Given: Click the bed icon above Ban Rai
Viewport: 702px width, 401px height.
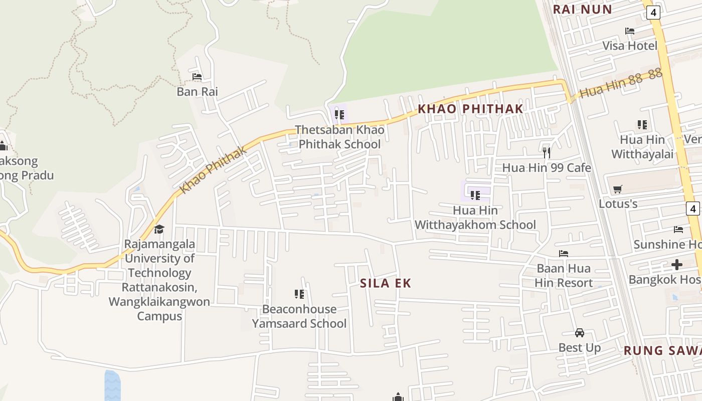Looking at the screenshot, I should (x=197, y=77).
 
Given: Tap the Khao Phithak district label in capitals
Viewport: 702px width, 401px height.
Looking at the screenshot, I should (x=470, y=109).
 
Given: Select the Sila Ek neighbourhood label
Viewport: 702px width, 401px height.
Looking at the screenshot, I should (x=386, y=283).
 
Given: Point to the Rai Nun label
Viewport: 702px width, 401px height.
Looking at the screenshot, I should (x=582, y=9).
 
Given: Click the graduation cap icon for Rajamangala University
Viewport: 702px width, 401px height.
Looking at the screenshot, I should (x=159, y=230).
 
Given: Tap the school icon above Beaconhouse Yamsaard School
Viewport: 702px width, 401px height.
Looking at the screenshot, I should (x=299, y=294).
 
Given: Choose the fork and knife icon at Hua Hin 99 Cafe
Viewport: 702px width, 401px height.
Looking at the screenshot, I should (x=547, y=152).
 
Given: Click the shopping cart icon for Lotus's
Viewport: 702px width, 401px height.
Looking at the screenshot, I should (x=618, y=189).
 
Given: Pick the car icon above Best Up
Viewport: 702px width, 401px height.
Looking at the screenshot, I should (x=580, y=333).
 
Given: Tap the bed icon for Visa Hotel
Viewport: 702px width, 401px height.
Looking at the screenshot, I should (x=630, y=31).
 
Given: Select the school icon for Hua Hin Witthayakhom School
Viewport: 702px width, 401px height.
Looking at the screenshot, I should (x=475, y=195).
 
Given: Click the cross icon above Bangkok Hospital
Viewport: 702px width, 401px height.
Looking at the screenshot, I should (x=677, y=264).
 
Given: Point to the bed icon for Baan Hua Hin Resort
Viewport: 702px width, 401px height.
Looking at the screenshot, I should (x=564, y=254).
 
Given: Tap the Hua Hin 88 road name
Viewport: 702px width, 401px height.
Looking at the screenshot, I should (x=621, y=84).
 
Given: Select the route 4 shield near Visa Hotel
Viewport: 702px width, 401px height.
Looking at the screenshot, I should (x=653, y=13).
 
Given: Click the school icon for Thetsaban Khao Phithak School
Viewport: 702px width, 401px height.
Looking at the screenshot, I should (x=339, y=115).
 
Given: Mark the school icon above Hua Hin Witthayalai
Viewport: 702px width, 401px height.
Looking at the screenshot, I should (x=642, y=124).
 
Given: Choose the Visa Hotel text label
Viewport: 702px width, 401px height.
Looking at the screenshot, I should (x=630, y=46).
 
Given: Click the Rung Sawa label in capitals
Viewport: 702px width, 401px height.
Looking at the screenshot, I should (x=662, y=350).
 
